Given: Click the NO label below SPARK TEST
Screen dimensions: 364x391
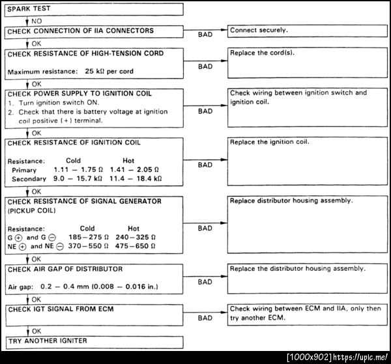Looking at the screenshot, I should [36, 21].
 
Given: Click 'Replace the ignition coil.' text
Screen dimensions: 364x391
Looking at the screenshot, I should [269, 142].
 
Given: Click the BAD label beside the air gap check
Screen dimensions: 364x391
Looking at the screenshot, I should [205, 282].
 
